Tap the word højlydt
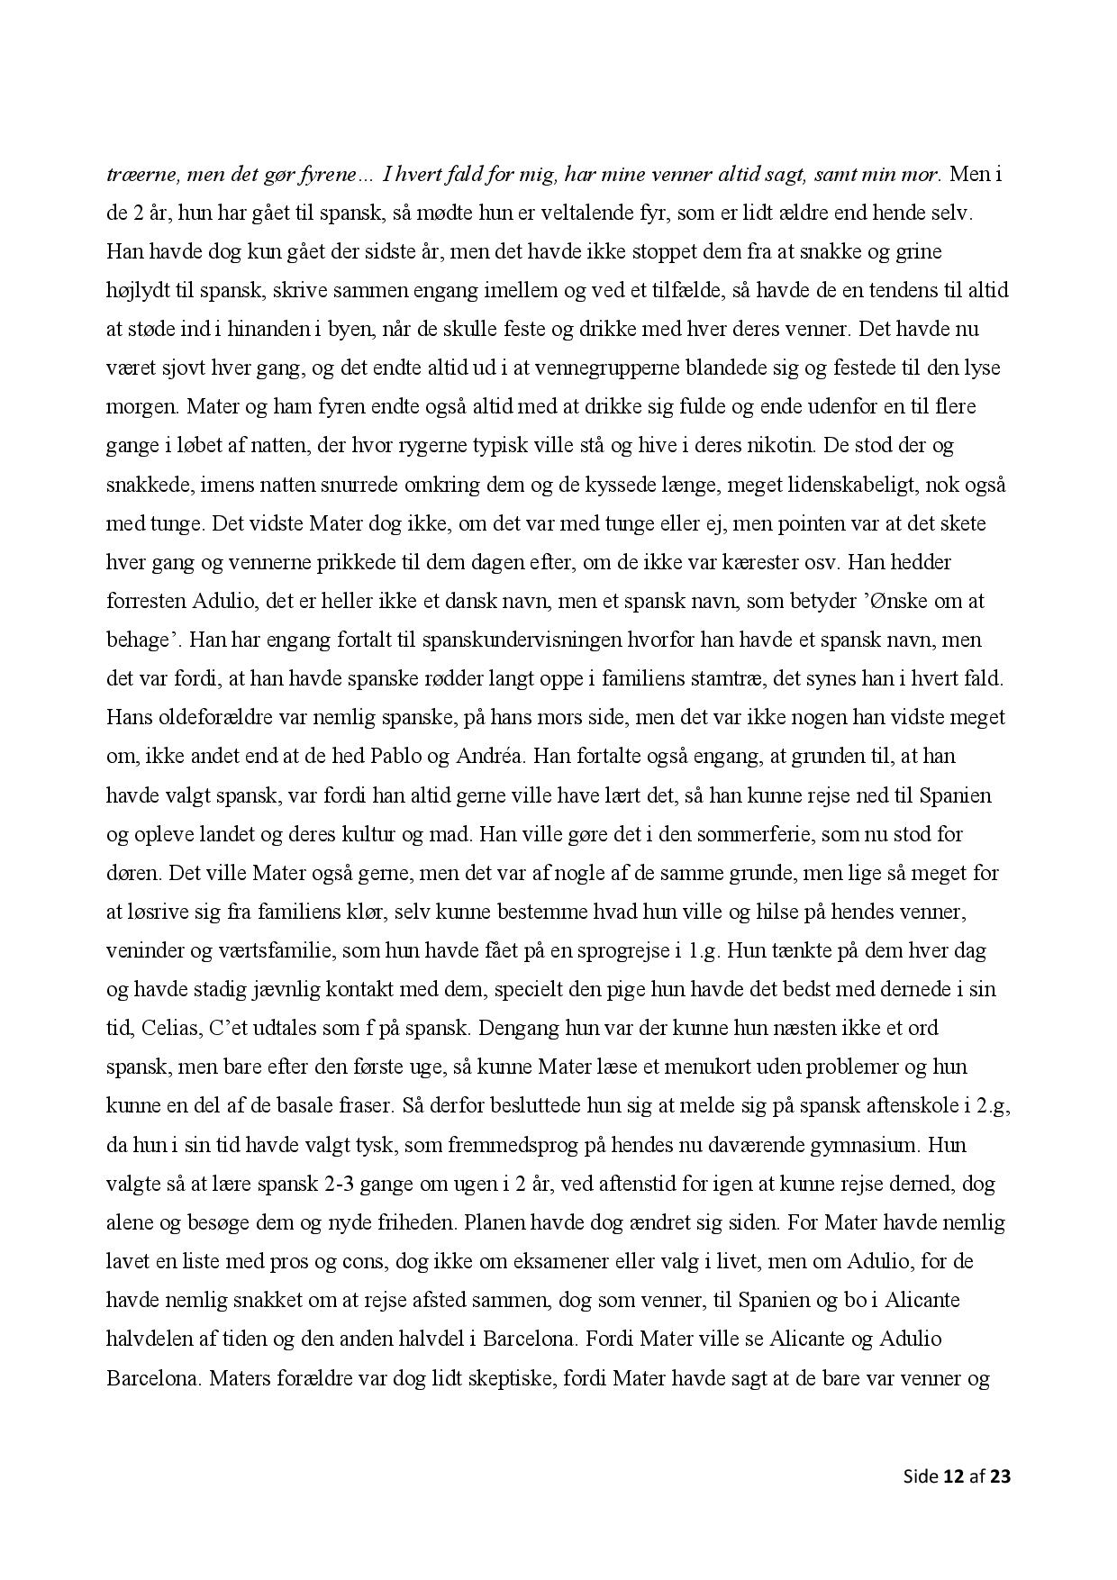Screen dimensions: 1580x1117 139,290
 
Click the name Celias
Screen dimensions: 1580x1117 168,1028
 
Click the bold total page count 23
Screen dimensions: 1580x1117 1000,1476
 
